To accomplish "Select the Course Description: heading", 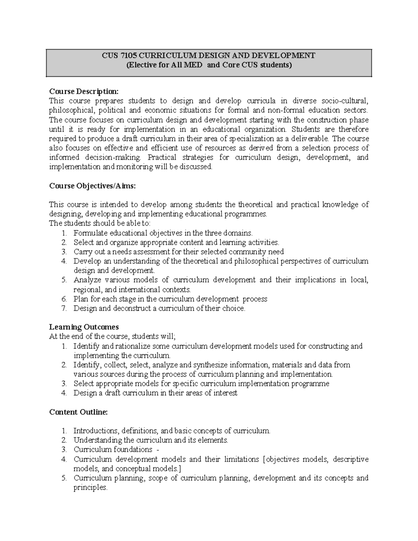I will coord(84,92).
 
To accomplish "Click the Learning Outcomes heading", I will coord(84,327).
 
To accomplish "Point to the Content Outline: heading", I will coord(78,412).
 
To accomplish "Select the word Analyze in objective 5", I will coord(87,280).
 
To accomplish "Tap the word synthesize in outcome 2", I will coord(208,365).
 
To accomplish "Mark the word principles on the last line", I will coord(90,488).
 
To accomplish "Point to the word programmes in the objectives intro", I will coord(247,214).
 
